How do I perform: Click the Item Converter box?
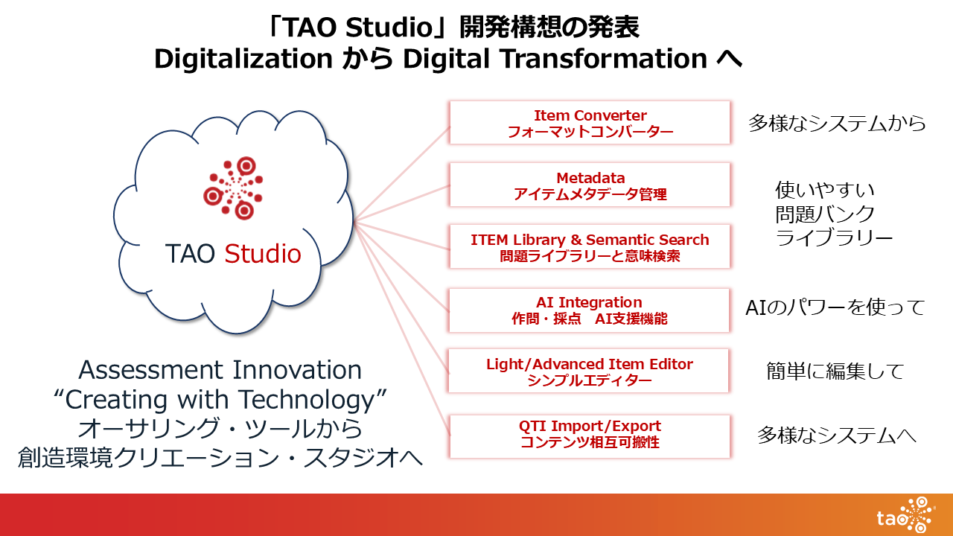point(590,123)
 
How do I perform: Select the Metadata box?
point(590,185)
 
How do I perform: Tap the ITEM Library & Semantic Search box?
point(590,246)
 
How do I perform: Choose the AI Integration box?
point(589,310)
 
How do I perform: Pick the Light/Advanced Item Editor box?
point(589,371)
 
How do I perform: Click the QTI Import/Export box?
point(590,436)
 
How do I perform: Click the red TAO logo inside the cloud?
point(233,188)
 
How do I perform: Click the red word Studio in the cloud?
point(263,254)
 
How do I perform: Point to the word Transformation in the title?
point(604,58)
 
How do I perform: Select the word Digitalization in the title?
point(243,59)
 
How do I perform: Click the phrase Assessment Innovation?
point(220,370)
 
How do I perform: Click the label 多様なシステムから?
point(837,124)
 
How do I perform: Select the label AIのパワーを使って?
point(835,307)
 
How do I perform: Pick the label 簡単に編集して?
point(835,371)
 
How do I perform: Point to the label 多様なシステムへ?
point(836,435)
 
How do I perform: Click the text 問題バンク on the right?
point(825,214)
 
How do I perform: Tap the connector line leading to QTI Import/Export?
point(401,328)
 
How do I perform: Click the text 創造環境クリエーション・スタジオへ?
point(220,458)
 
